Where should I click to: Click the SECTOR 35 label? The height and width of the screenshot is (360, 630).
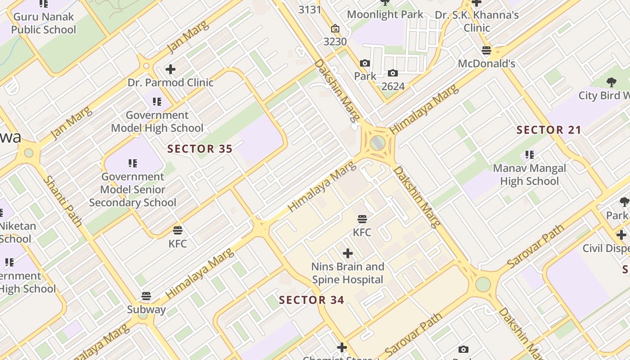[x=200, y=148]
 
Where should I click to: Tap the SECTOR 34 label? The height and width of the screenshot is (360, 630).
[x=311, y=300]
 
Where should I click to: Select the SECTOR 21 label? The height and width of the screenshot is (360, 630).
[x=549, y=130]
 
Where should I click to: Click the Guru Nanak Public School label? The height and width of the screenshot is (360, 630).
[x=44, y=23]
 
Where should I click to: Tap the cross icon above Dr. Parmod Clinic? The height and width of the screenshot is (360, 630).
[x=170, y=69]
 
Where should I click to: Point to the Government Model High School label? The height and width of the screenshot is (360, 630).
[x=157, y=121]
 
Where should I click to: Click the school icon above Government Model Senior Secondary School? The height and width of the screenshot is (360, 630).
[x=132, y=163]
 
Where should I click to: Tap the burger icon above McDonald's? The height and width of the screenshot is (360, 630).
[x=486, y=50]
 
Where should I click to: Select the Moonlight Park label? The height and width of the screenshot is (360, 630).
[x=385, y=14]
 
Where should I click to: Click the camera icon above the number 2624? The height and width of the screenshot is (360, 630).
[x=392, y=73]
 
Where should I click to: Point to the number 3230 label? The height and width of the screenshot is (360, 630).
[x=335, y=41]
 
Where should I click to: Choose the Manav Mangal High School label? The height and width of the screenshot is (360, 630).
[x=529, y=175]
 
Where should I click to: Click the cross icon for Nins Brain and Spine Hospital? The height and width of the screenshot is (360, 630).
[x=347, y=253]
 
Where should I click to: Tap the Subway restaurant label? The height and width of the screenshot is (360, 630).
[x=146, y=310]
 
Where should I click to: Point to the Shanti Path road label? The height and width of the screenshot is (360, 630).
[x=63, y=200]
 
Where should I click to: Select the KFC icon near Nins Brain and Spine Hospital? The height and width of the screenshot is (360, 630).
[x=362, y=219]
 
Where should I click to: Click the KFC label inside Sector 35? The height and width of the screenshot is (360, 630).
[x=177, y=243]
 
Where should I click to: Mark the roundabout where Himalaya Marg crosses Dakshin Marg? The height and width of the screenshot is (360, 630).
[x=378, y=143]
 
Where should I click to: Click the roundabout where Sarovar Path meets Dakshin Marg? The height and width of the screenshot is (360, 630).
[x=482, y=284]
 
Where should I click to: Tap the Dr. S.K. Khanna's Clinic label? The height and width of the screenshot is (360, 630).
[x=477, y=21]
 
